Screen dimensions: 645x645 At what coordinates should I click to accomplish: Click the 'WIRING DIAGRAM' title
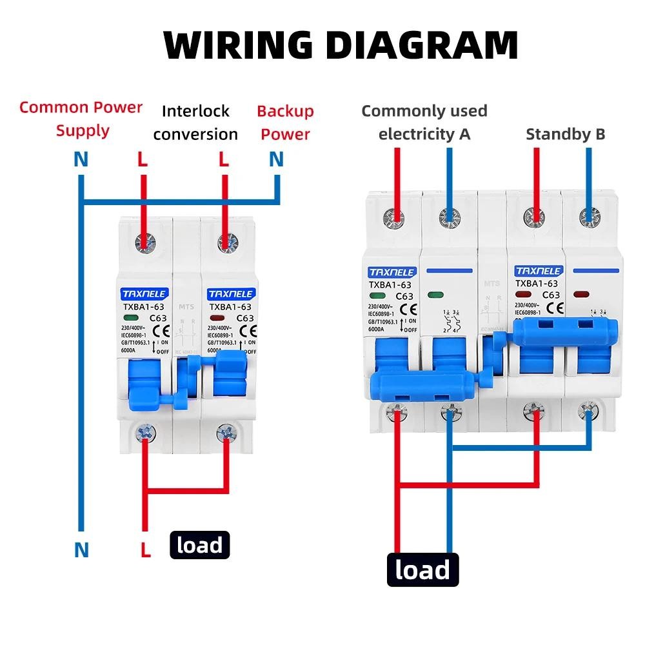click(x=341, y=44)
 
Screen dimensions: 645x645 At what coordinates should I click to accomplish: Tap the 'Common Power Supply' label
click(x=81, y=119)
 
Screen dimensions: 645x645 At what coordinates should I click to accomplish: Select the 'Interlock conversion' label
click(x=195, y=123)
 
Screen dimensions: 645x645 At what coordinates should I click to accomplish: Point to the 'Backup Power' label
click(x=285, y=123)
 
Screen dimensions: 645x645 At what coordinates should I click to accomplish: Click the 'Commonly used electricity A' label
click(x=424, y=123)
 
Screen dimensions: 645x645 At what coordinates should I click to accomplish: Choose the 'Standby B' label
click(x=565, y=134)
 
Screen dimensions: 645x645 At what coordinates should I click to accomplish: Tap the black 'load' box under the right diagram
click(x=422, y=570)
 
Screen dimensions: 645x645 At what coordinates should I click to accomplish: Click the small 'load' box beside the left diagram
click(x=199, y=546)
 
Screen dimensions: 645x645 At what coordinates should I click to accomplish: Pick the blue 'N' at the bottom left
click(x=81, y=550)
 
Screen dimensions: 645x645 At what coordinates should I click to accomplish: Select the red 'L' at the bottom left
click(x=146, y=550)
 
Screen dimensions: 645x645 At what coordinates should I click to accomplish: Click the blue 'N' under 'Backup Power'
click(x=276, y=159)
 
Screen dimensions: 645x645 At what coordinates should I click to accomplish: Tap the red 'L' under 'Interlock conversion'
click(x=224, y=159)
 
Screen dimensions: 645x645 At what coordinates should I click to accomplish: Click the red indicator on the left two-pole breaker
click(x=217, y=318)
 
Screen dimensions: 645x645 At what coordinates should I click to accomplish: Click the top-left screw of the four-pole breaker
click(x=393, y=217)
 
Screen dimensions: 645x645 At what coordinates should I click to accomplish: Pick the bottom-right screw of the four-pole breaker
click(x=586, y=410)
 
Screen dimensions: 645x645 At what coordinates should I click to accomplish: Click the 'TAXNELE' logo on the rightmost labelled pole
click(x=537, y=271)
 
